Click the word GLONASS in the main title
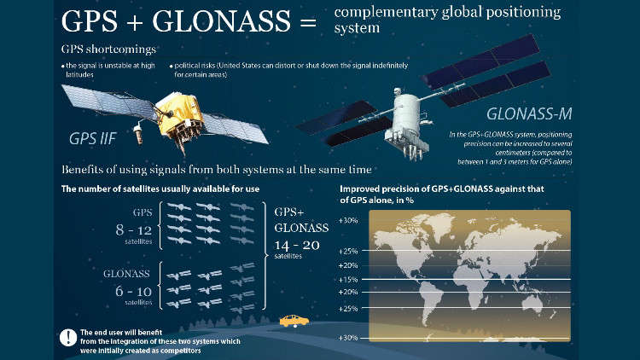click(x=221, y=20)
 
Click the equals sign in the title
click(x=308, y=21)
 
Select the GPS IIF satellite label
click(x=93, y=139)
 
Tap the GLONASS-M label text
click(x=529, y=113)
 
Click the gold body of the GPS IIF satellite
click(x=179, y=114)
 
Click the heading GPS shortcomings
click(x=108, y=49)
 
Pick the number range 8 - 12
click(x=133, y=230)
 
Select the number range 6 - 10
click(x=133, y=292)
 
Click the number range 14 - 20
click(x=297, y=245)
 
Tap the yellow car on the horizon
click(x=294, y=321)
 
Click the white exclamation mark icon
click(x=68, y=338)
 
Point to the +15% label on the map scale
click(x=348, y=280)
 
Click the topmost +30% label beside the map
click(x=348, y=221)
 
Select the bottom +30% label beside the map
click(x=348, y=338)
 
